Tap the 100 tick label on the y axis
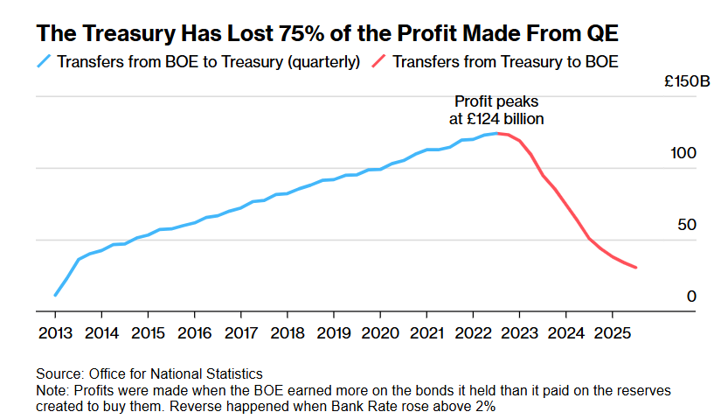click(683, 153)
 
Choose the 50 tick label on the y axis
click(687, 225)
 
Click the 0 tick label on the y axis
click(691, 297)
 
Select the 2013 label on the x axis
click(55, 333)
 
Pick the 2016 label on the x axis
click(194, 333)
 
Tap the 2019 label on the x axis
click(333, 333)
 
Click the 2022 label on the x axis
click(472, 333)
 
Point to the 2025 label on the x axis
click(611, 333)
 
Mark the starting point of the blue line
click(55, 296)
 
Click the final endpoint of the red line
click(635, 268)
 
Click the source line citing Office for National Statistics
click(149, 374)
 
